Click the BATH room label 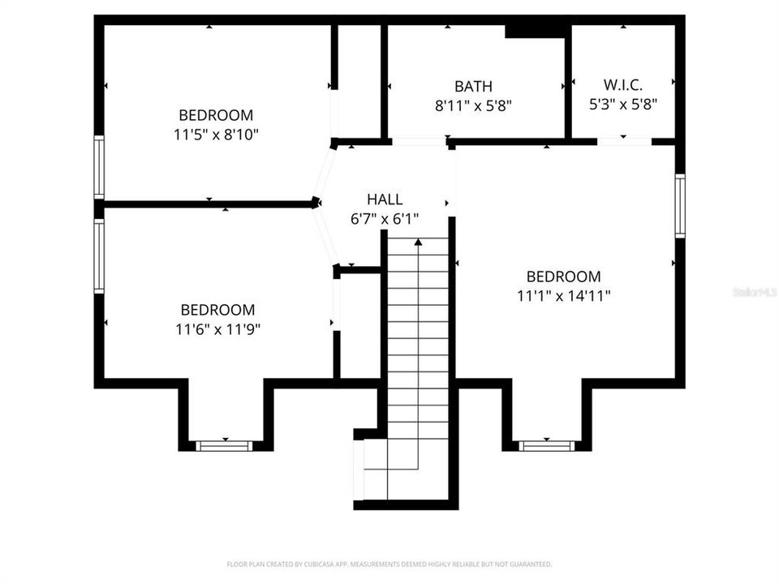coord(473,86)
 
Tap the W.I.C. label coord(622,84)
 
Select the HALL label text coord(385,200)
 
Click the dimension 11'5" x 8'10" coord(216,135)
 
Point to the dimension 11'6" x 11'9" coord(217,329)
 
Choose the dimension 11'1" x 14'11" coord(564,296)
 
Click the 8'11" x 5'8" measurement coord(473,105)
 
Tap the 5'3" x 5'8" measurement coord(622,104)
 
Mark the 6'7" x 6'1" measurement coord(385,219)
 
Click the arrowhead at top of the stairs coord(418,241)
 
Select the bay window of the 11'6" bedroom coord(225,445)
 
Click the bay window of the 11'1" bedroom coord(546,445)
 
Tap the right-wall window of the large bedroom coord(680,206)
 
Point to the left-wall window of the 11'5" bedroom coord(99,167)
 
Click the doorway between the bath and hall coord(419,142)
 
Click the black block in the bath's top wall coord(535,30)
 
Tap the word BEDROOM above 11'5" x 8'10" coord(216,115)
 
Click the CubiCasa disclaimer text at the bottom coord(389,564)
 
